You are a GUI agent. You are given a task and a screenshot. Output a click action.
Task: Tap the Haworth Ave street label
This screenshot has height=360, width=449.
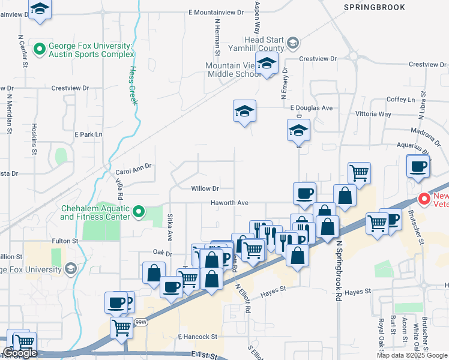(229, 203)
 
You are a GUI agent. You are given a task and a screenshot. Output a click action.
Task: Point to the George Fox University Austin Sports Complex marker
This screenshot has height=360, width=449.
(40, 49)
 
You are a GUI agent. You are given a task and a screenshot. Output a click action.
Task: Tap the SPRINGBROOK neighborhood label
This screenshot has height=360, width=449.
(374, 7)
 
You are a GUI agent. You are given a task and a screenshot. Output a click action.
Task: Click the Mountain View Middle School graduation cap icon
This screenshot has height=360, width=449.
(267, 63)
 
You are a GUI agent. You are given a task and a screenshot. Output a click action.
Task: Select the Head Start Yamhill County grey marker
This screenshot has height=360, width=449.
(292, 42)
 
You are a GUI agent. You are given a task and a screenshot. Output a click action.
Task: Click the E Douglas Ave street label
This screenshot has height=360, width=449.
(311, 108)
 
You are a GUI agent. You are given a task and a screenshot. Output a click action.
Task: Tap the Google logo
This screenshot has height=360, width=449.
(20, 353)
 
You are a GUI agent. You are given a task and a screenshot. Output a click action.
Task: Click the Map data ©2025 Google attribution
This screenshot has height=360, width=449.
(411, 355)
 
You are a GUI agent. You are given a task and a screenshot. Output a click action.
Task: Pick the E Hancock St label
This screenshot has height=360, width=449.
(197, 337)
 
